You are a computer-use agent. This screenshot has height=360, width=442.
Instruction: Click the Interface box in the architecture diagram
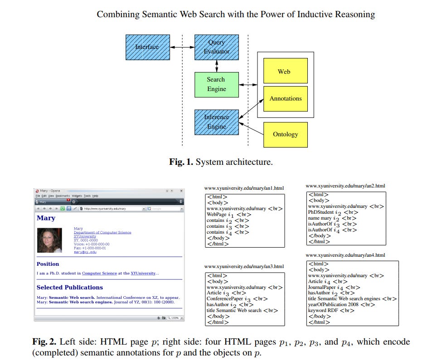[148, 47]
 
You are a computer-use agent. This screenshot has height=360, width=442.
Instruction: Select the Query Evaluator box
[216, 47]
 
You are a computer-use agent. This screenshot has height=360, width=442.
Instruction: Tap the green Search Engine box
[216, 85]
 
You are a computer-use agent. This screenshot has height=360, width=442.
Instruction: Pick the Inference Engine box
[216, 122]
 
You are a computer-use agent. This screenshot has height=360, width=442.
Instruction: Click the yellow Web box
[286, 72]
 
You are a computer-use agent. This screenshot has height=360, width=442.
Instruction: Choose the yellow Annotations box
[286, 99]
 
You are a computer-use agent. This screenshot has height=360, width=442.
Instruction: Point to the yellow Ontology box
[286, 134]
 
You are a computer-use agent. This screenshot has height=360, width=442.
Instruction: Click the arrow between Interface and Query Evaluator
[182, 47]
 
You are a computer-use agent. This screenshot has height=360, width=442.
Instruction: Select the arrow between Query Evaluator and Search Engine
[217, 66]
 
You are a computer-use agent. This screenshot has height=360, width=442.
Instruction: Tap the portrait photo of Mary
[49, 240]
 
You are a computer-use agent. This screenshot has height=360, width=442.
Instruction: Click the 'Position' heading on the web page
[48, 264]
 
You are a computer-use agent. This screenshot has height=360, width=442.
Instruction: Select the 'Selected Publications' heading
[69, 288]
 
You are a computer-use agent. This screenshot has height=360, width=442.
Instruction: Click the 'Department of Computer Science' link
[102, 233]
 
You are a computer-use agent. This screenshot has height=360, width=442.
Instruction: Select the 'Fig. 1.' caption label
[181, 162]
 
